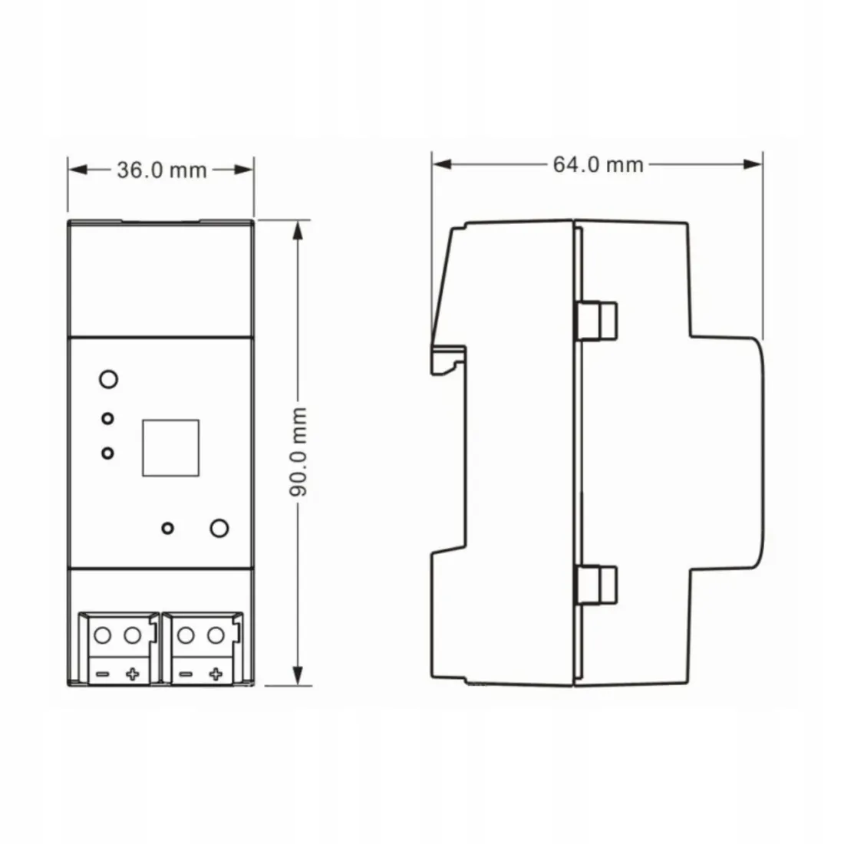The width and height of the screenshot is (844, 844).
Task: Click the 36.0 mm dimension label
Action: pyautogui.click(x=162, y=170)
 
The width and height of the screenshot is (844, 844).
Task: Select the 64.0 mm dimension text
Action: pyautogui.click(x=598, y=163)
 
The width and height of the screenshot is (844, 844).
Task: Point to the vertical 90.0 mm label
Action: pyautogui.click(x=298, y=452)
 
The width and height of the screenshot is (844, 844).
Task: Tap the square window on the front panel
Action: pyautogui.click(x=170, y=446)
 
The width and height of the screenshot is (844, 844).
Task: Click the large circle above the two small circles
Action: pyautogui.click(x=108, y=378)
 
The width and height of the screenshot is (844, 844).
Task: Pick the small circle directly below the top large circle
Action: pyautogui.click(x=108, y=418)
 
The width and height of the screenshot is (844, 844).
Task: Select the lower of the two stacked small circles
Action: pyautogui.click(x=108, y=453)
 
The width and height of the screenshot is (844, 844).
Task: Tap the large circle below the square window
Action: pyautogui.click(x=219, y=528)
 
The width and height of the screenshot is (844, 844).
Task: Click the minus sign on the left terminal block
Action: pyautogui.click(x=103, y=674)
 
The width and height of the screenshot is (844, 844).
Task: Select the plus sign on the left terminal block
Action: pyautogui.click(x=133, y=674)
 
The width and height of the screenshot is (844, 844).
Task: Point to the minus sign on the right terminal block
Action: pyautogui.click(x=185, y=674)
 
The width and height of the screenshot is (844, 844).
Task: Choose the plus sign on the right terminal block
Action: pyautogui.click(x=216, y=674)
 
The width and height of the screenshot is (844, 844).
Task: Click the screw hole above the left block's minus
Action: pyautogui.click(x=103, y=635)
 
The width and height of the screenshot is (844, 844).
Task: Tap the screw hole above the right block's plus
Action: pyautogui.click(x=216, y=635)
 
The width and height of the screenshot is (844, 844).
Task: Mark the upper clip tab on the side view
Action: pyautogui.click(x=598, y=319)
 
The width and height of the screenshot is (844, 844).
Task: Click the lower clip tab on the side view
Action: pyautogui.click(x=598, y=583)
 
